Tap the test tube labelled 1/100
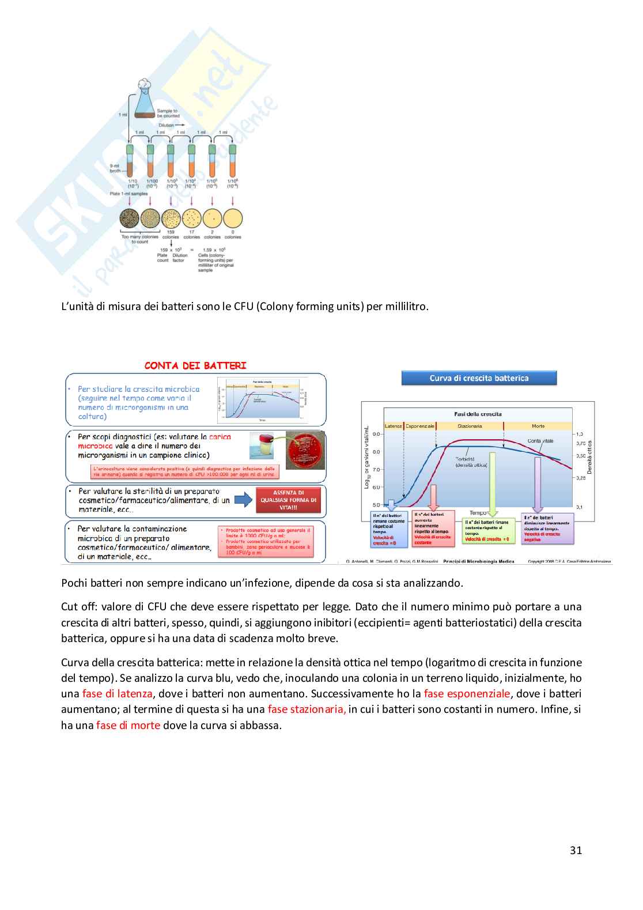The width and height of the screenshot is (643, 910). (150, 161)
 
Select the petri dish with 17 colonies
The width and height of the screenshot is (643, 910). (191, 219)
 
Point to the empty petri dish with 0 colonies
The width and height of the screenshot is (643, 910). (233, 219)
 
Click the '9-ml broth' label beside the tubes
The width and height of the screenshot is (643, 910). (115, 168)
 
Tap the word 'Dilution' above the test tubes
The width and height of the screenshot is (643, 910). (167, 125)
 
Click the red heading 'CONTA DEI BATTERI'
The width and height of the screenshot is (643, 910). (195, 365)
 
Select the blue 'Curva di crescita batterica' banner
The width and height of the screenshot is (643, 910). (479, 378)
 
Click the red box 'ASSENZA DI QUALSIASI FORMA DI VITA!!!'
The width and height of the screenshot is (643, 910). (288, 500)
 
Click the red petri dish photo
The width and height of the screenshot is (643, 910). (305, 451)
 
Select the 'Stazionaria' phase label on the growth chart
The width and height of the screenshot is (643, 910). (470, 426)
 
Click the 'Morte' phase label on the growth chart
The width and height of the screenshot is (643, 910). (538, 426)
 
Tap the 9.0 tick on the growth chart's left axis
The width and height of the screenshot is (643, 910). (376, 434)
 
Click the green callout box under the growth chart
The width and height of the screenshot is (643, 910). (489, 530)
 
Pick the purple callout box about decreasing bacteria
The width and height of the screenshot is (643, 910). (547, 528)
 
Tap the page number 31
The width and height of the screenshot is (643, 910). (576, 850)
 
